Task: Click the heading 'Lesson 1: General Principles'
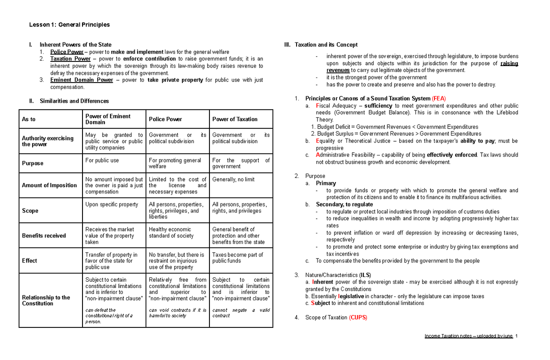pos(69,25)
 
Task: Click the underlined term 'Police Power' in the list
pos(67,52)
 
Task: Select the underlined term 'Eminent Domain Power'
pos(82,80)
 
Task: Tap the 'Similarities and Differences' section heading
pos(74,101)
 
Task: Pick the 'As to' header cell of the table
pos(28,119)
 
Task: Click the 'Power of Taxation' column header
pos(235,119)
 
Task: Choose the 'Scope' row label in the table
pos(30,211)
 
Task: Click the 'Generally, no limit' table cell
pos(233,179)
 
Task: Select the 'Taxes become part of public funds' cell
pos(237,258)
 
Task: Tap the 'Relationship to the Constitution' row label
pos(46,300)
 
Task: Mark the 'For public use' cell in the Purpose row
pos(102,161)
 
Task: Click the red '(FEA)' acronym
pos(439,99)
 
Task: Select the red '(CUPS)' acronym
pos(358,317)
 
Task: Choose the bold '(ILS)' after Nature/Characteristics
pos(365,275)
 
